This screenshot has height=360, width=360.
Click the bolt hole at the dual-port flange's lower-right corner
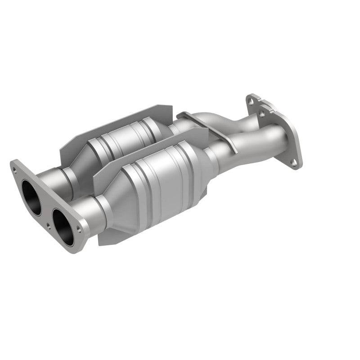(80, 229)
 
